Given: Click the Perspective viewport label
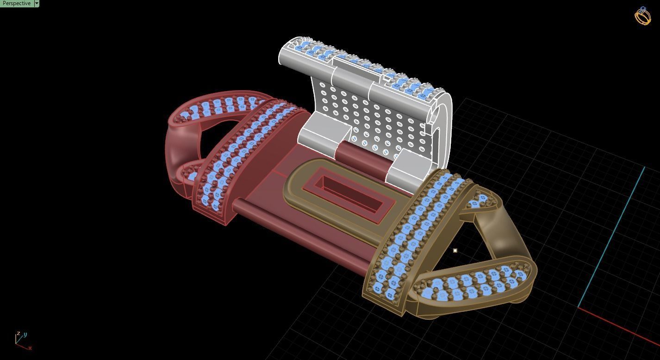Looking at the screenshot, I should [x=17, y=3].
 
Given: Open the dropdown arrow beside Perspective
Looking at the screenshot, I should [x=37, y=3].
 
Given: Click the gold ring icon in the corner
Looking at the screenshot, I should [x=642, y=16].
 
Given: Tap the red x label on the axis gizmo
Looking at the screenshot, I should [x=30, y=348].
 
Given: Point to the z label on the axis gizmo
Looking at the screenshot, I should [x=18, y=333].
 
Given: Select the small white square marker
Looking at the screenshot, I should [x=455, y=250].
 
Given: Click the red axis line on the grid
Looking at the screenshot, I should [x=620, y=327].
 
